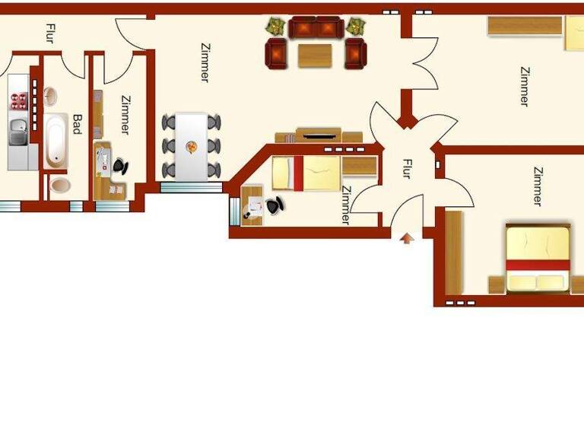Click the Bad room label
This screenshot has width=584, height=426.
77,124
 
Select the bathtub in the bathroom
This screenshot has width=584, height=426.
55,140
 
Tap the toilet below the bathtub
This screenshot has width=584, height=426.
59,185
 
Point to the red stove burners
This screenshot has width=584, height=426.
19,102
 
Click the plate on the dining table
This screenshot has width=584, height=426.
192,145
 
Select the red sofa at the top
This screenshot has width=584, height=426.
316,28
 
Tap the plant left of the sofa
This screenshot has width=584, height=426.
275,27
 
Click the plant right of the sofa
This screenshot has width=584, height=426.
355,27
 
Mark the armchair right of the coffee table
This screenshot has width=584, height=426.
355,54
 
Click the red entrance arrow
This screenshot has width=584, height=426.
407,238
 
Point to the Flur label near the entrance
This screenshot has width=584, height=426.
407,168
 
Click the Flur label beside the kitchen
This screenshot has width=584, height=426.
50,33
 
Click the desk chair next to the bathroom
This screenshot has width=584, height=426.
120,165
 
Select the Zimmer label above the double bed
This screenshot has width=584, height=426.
538,186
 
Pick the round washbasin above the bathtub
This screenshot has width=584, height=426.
50,97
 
